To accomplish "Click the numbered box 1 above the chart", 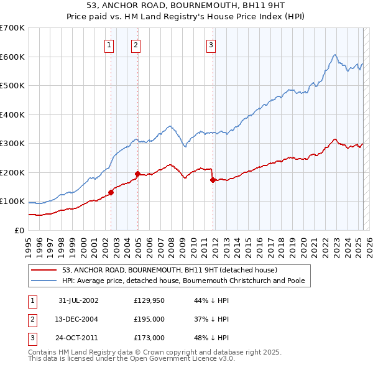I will [x=109, y=44].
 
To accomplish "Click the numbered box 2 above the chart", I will [x=136, y=44].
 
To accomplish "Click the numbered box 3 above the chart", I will [x=211, y=44].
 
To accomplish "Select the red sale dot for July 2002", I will [x=111, y=192].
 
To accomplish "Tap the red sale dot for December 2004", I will [x=137, y=174].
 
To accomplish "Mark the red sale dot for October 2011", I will [x=213, y=180].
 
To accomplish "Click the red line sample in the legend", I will [x=44, y=270].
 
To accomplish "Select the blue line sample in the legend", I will [x=44, y=281].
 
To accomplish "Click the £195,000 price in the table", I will [x=149, y=319].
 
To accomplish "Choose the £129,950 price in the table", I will [x=149, y=300].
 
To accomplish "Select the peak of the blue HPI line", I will [x=334, y=55].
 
